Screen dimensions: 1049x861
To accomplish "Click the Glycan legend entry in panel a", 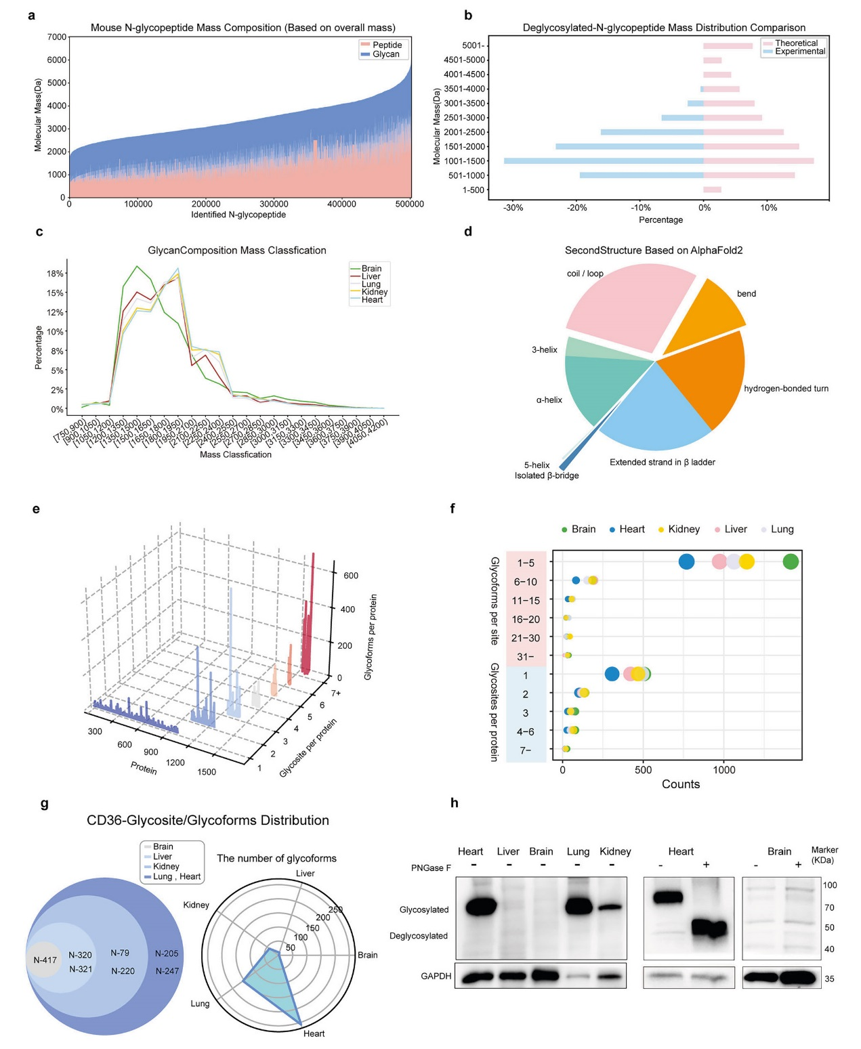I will [x=385, y=54].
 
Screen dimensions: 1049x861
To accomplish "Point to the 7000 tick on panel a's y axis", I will [x=57, y=37].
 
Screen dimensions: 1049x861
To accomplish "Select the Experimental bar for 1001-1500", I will [x=603, y=161].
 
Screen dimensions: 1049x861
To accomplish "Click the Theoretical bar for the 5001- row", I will [x=728, y=45].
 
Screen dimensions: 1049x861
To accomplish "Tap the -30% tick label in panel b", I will [x=513, y=208].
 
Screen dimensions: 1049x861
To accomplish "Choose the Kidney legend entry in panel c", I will [x=374, y=292].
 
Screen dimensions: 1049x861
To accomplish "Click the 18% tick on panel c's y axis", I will [x=55, y=274].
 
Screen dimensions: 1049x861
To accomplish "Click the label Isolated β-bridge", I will [x=547, y=475].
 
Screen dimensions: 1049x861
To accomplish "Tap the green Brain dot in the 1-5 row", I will [x=790, y=561].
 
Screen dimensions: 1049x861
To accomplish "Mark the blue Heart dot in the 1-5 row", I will [x=686, y=561].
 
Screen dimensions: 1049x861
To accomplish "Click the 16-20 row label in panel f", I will [x=526, y=619].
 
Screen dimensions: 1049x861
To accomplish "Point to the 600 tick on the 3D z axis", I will [x=351, y=576].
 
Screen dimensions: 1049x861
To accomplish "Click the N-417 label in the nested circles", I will [x=45, y=960].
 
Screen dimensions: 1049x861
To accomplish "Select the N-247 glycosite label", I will [x=167, y=971].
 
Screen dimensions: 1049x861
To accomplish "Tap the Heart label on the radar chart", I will [x=314, y=1033].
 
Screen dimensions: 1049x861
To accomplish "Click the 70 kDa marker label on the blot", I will [x=829, y=907].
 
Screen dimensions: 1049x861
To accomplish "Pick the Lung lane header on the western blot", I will [x=578, y=851].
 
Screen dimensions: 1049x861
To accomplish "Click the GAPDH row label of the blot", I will [x=436, y=976].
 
